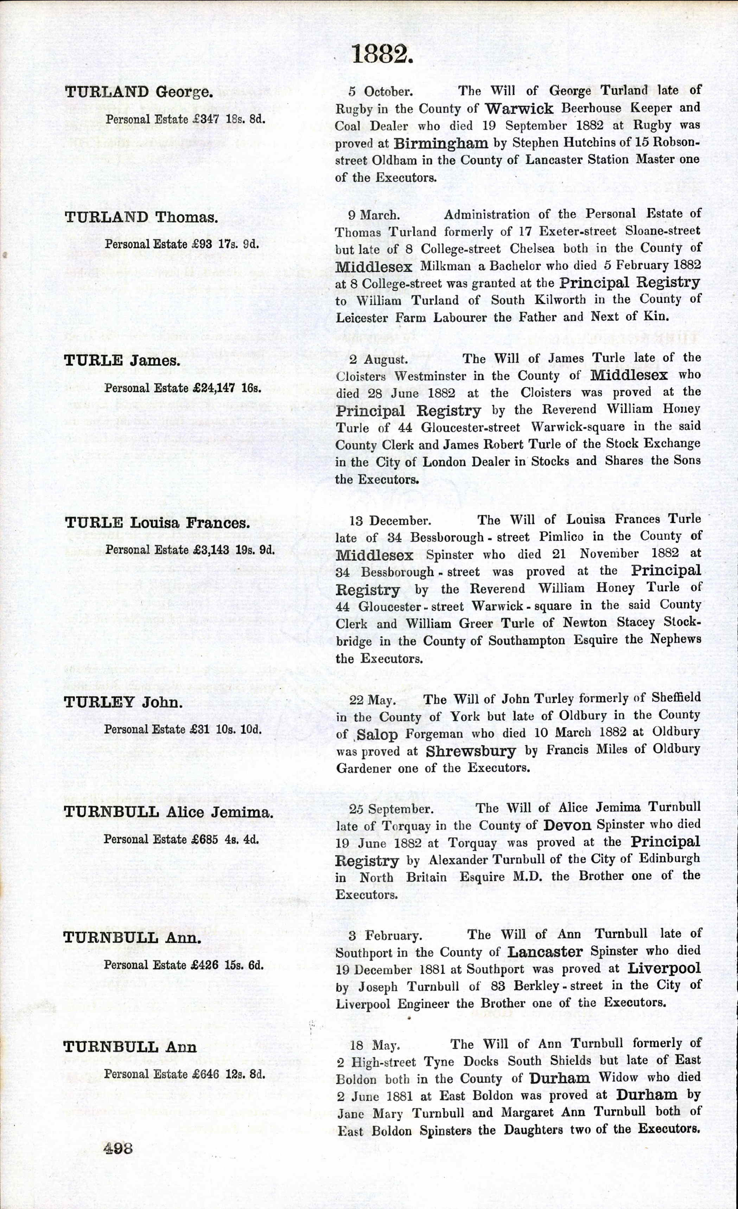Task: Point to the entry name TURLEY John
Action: click(123, 703)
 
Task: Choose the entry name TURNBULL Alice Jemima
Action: click(168, 813)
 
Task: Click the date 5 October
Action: click(380, 92)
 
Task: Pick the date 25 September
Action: click(391, 808)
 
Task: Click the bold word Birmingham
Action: click(441, 143)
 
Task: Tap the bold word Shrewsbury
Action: click(471, 751)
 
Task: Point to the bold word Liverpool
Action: click(664, 968)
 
